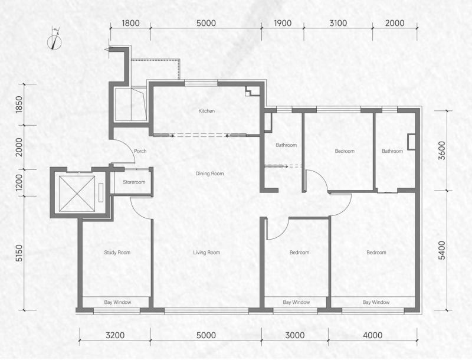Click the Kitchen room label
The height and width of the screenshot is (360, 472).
point(206,111)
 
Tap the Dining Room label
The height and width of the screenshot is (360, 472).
point(209,174)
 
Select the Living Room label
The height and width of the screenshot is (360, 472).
point(206,253)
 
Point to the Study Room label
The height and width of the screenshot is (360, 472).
point(117,253)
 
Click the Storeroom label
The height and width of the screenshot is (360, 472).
point(134,182)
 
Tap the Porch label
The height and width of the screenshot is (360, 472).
point(140,151)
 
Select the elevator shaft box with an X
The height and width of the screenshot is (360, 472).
point(77,194)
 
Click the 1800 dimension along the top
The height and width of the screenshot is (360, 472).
point(130,23)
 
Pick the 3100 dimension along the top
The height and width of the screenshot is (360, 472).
point(337,23)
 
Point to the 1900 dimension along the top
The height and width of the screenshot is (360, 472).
point(283,23)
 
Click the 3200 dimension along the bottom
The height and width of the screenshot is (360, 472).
point(115,335)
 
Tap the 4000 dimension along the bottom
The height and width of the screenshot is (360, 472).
point(373,335)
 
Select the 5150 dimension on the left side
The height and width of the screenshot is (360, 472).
point(19,253)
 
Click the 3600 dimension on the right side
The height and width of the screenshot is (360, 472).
point(442,150)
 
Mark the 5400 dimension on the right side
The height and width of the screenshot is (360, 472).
point(442,250)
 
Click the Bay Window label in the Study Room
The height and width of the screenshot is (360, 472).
point(117,302)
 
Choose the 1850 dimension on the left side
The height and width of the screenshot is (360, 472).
point(19,104)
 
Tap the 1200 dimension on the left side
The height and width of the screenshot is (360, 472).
point(19,183)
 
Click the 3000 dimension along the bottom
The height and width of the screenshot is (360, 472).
point(294,335)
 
